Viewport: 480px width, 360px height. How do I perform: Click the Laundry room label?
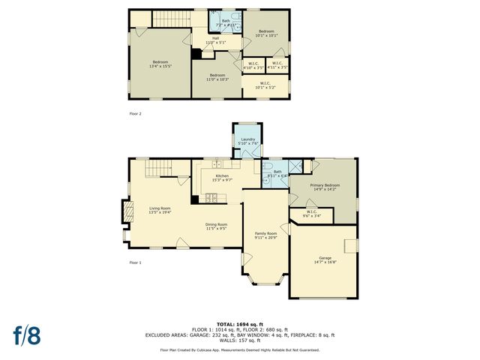tap(247, 141)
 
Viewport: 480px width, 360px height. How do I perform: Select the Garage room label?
tap(325, 259)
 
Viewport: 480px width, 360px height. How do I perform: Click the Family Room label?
tap(265, 235)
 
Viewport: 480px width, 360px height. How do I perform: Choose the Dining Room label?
tap(217, 226)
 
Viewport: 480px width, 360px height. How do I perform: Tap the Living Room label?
tap(160, 210)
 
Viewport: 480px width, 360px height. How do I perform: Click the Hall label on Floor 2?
tap(215, 40)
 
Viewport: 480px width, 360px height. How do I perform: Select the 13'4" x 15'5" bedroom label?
tap(160, 64)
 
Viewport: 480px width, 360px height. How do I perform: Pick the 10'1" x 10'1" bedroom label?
tap(266, 33)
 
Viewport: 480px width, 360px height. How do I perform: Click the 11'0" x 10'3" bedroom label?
tap(217, 76)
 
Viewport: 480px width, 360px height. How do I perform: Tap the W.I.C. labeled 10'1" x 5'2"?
tap(265, 85)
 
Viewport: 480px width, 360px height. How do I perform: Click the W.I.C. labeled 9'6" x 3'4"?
tap(311, 214)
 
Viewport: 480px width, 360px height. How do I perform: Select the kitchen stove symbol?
tap(211, 199)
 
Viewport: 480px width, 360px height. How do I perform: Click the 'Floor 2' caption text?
tap(135, 114)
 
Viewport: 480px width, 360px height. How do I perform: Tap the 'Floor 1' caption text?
tap(135, 262)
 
